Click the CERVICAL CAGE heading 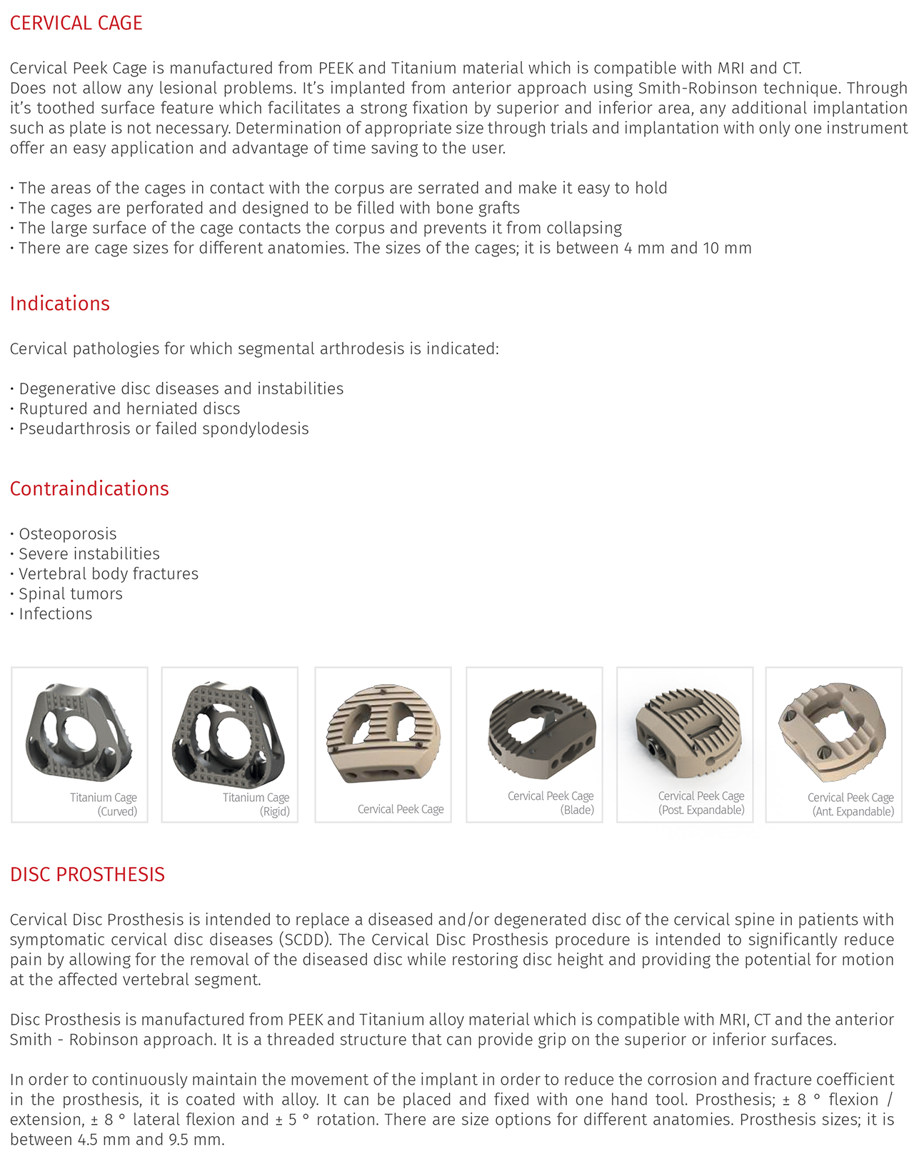[76, 23]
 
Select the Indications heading [60, 303]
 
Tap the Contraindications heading [89, 488]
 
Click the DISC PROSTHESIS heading [87, 874]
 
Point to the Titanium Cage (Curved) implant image [78, 732]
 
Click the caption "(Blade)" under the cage [577, 810]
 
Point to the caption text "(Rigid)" [275, 812]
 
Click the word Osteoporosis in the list [68, 534]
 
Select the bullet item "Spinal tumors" [71, 594]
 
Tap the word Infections [56, 614]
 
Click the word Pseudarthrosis [75, 429]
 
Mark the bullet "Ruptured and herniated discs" [129, 409]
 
